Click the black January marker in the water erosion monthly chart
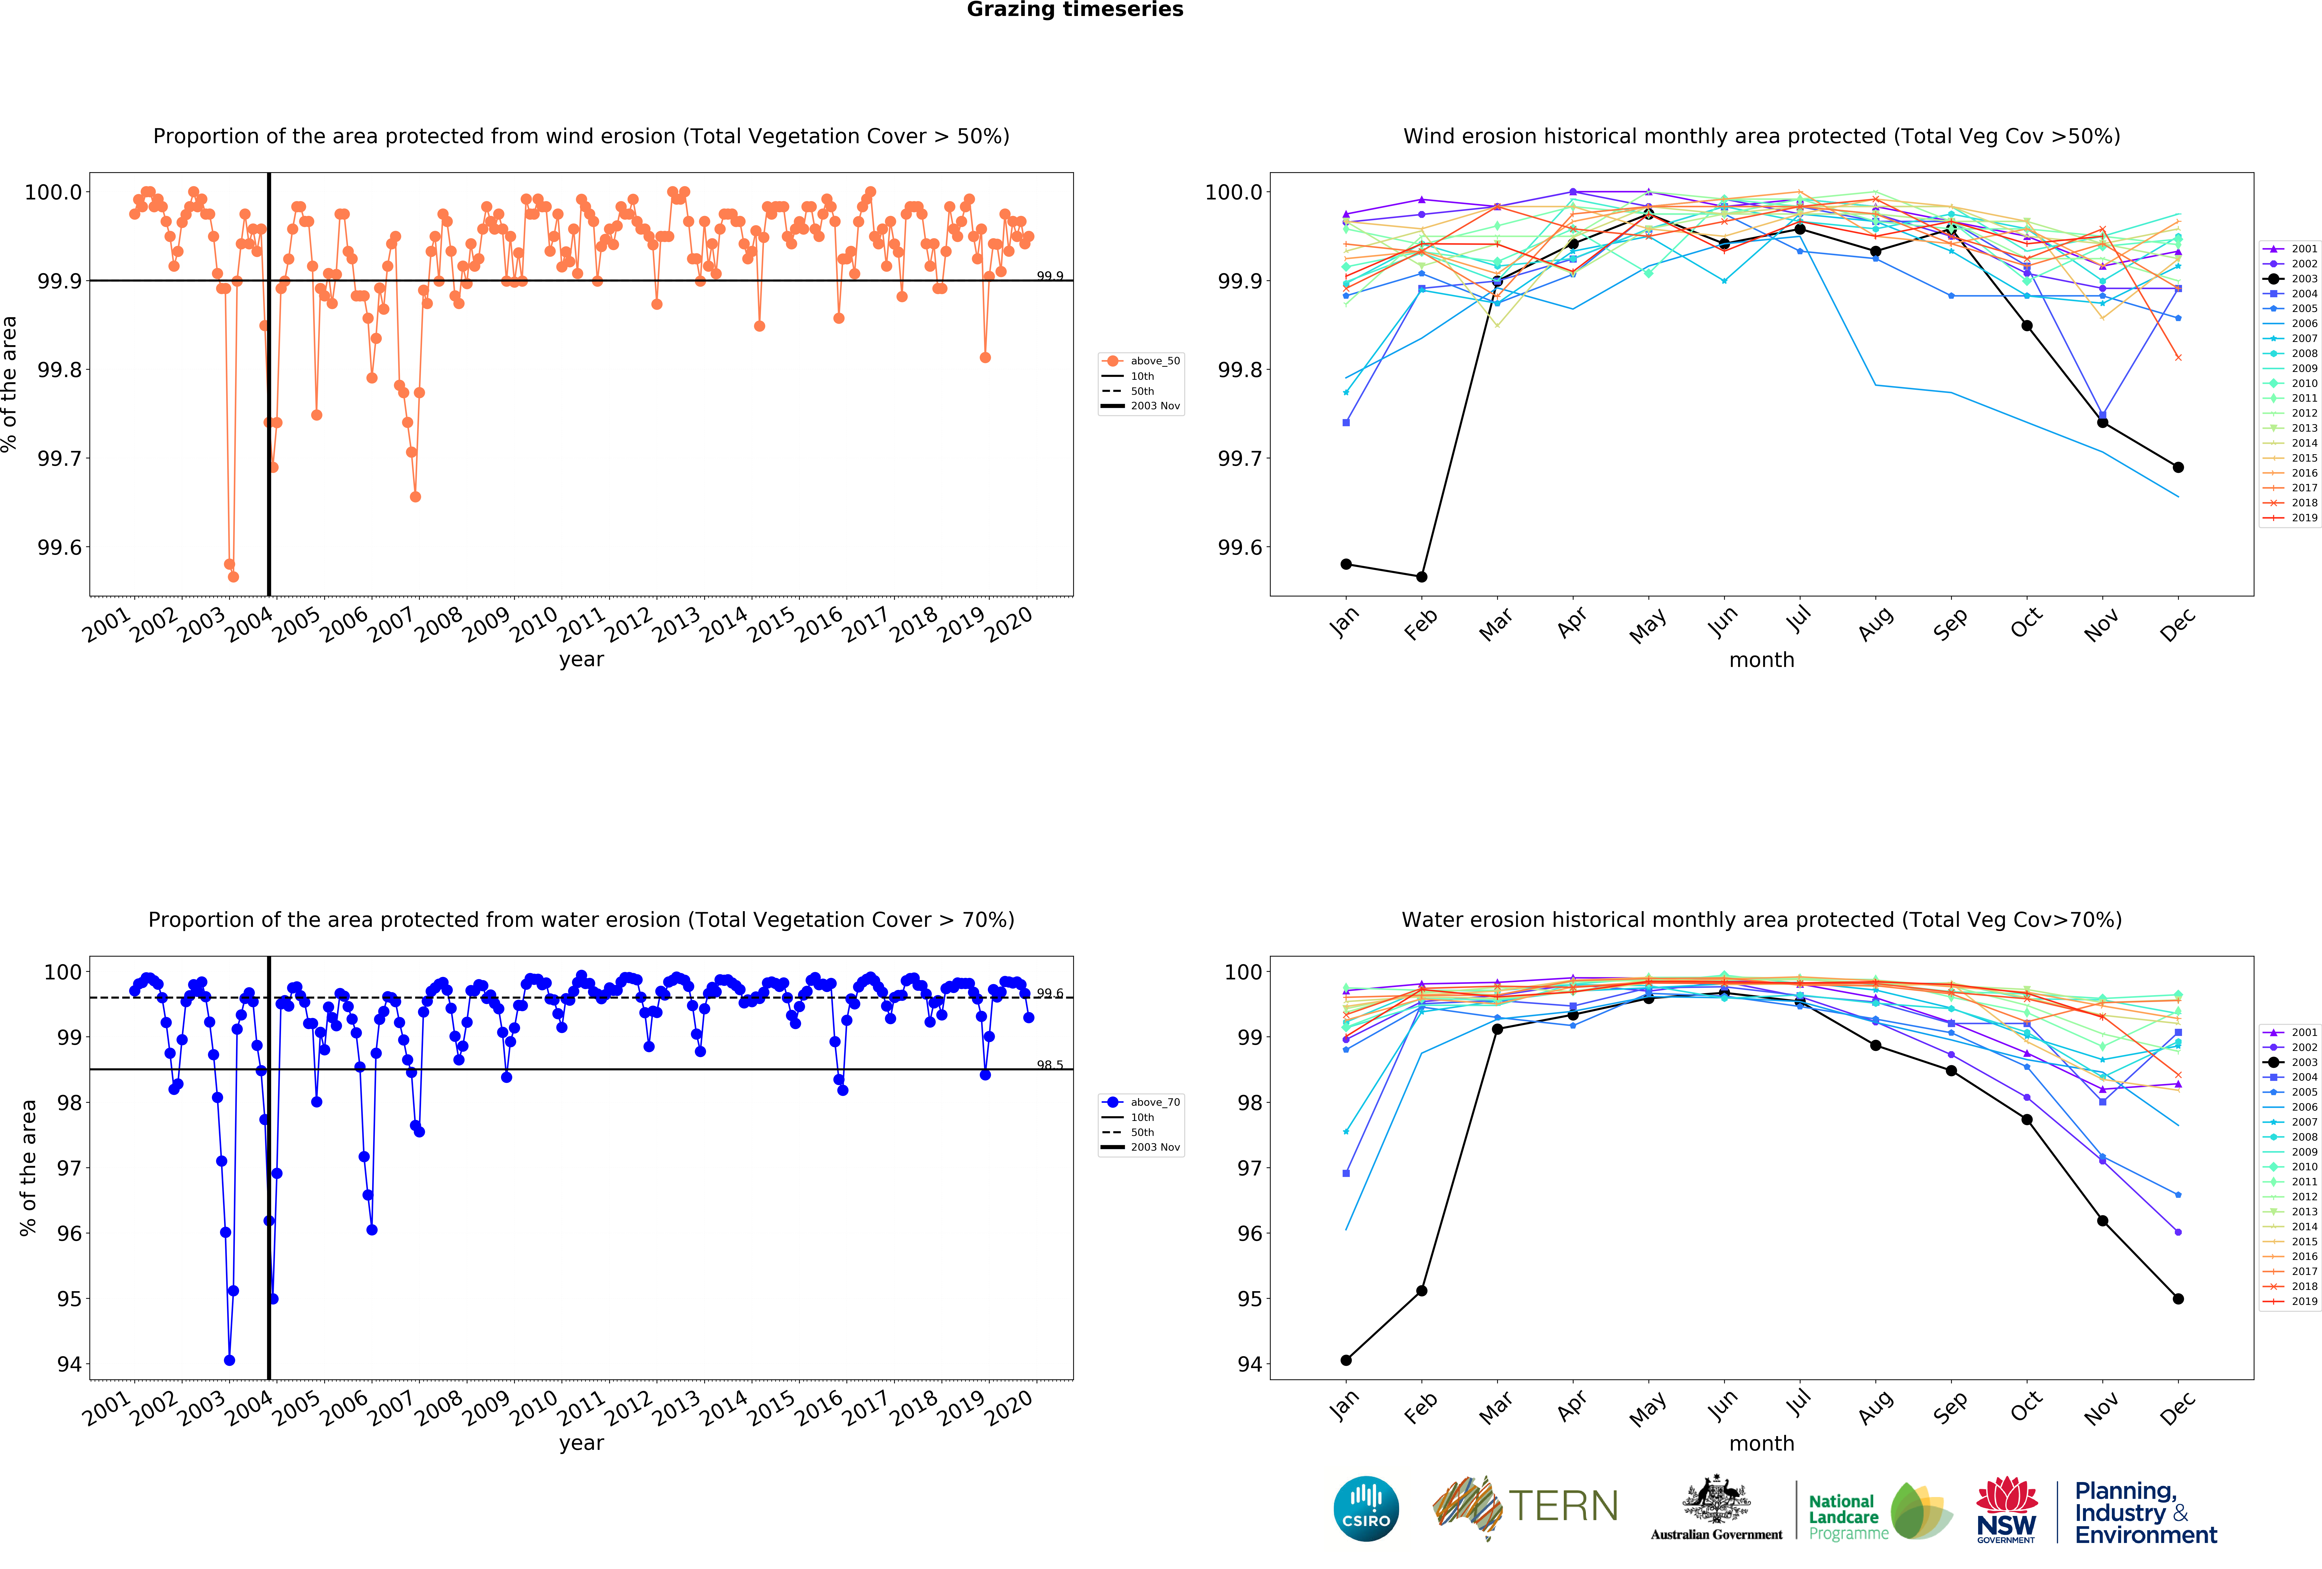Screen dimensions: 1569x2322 1346,1360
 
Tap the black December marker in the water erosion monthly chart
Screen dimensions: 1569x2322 2178,1299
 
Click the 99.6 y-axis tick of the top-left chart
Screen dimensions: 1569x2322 60,548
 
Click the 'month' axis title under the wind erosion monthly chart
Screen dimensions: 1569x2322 1761,660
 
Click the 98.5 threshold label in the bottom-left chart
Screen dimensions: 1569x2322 1049,1065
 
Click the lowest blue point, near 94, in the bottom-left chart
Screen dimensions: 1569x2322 230,1360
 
